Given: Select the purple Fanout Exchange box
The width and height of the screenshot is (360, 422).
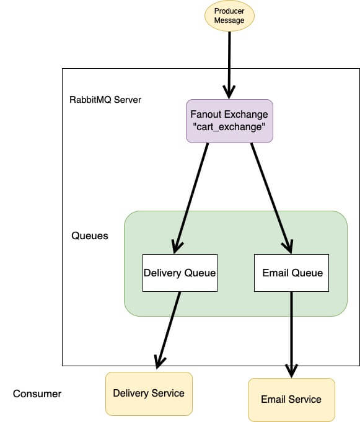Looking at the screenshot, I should pyautogui.click(x=229, y=121).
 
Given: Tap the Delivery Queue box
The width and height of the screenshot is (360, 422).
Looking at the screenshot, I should pyautogui.click(x=180, y=273).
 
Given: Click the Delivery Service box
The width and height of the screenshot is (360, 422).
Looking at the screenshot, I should pyautogui.click(x=149, y=393).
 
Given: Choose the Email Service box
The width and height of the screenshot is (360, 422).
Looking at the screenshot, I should pyautogui.click(x=291, y=399).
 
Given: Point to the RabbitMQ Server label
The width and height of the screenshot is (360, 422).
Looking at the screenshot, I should pyautogui.click(x=105, y=99).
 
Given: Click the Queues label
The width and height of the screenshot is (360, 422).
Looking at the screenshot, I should pyautogui.click(x=90, y=235).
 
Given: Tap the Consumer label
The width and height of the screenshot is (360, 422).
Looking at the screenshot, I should pyautogui.click(x=37, y=394).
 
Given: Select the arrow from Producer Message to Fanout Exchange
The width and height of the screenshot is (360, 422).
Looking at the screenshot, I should pyautogui.click(x=229, y=62).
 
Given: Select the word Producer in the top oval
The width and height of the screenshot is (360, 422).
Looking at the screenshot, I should pyautogui.click(x=229, y=11).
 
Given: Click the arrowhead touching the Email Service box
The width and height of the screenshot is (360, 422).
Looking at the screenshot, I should pyautogui.click(x=291, y=371).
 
